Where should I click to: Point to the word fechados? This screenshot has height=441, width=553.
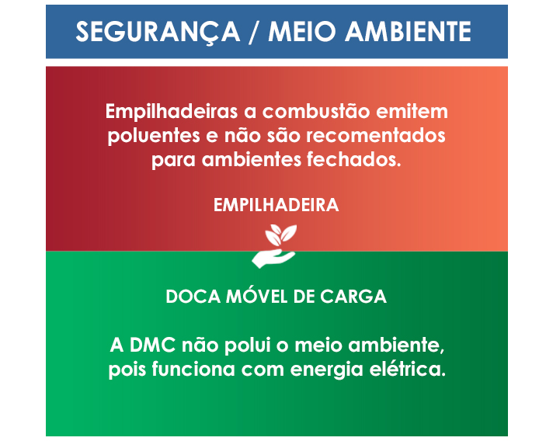360,161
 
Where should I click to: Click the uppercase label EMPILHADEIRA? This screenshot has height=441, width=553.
276,206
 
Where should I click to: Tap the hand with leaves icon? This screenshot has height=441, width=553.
276,245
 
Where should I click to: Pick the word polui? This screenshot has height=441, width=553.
238,344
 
